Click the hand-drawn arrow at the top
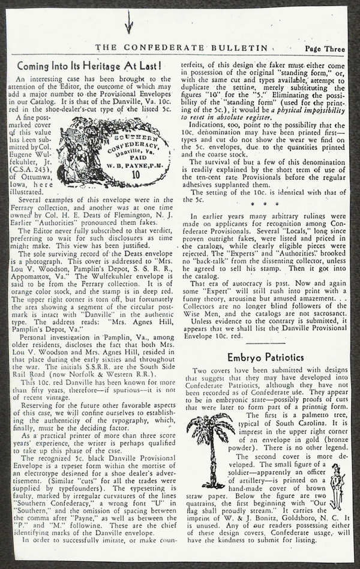tap(128, 23)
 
